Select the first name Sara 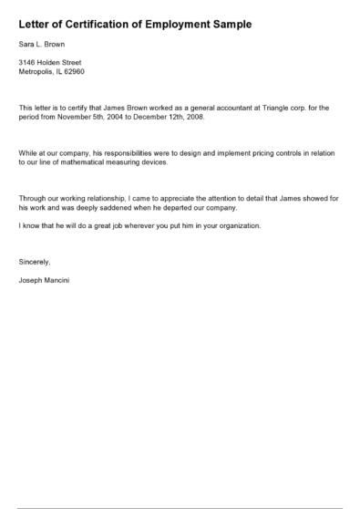click(26, 44)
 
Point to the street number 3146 click(27, 62)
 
